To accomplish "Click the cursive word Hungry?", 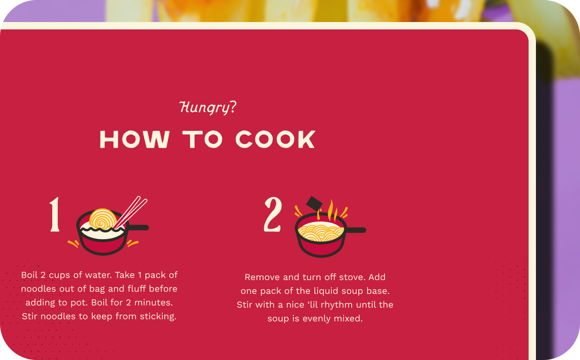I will tap(208, 107).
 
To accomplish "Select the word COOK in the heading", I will tap(275, 140).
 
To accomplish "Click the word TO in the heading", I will tap(202, 140).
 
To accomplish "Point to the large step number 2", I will tap(273, 214).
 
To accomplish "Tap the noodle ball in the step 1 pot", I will tap(102, 219).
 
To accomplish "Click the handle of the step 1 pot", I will tap(139, 227).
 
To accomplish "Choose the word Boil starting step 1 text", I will tap(30, 275).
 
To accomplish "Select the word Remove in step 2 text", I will tap(262, 277).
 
